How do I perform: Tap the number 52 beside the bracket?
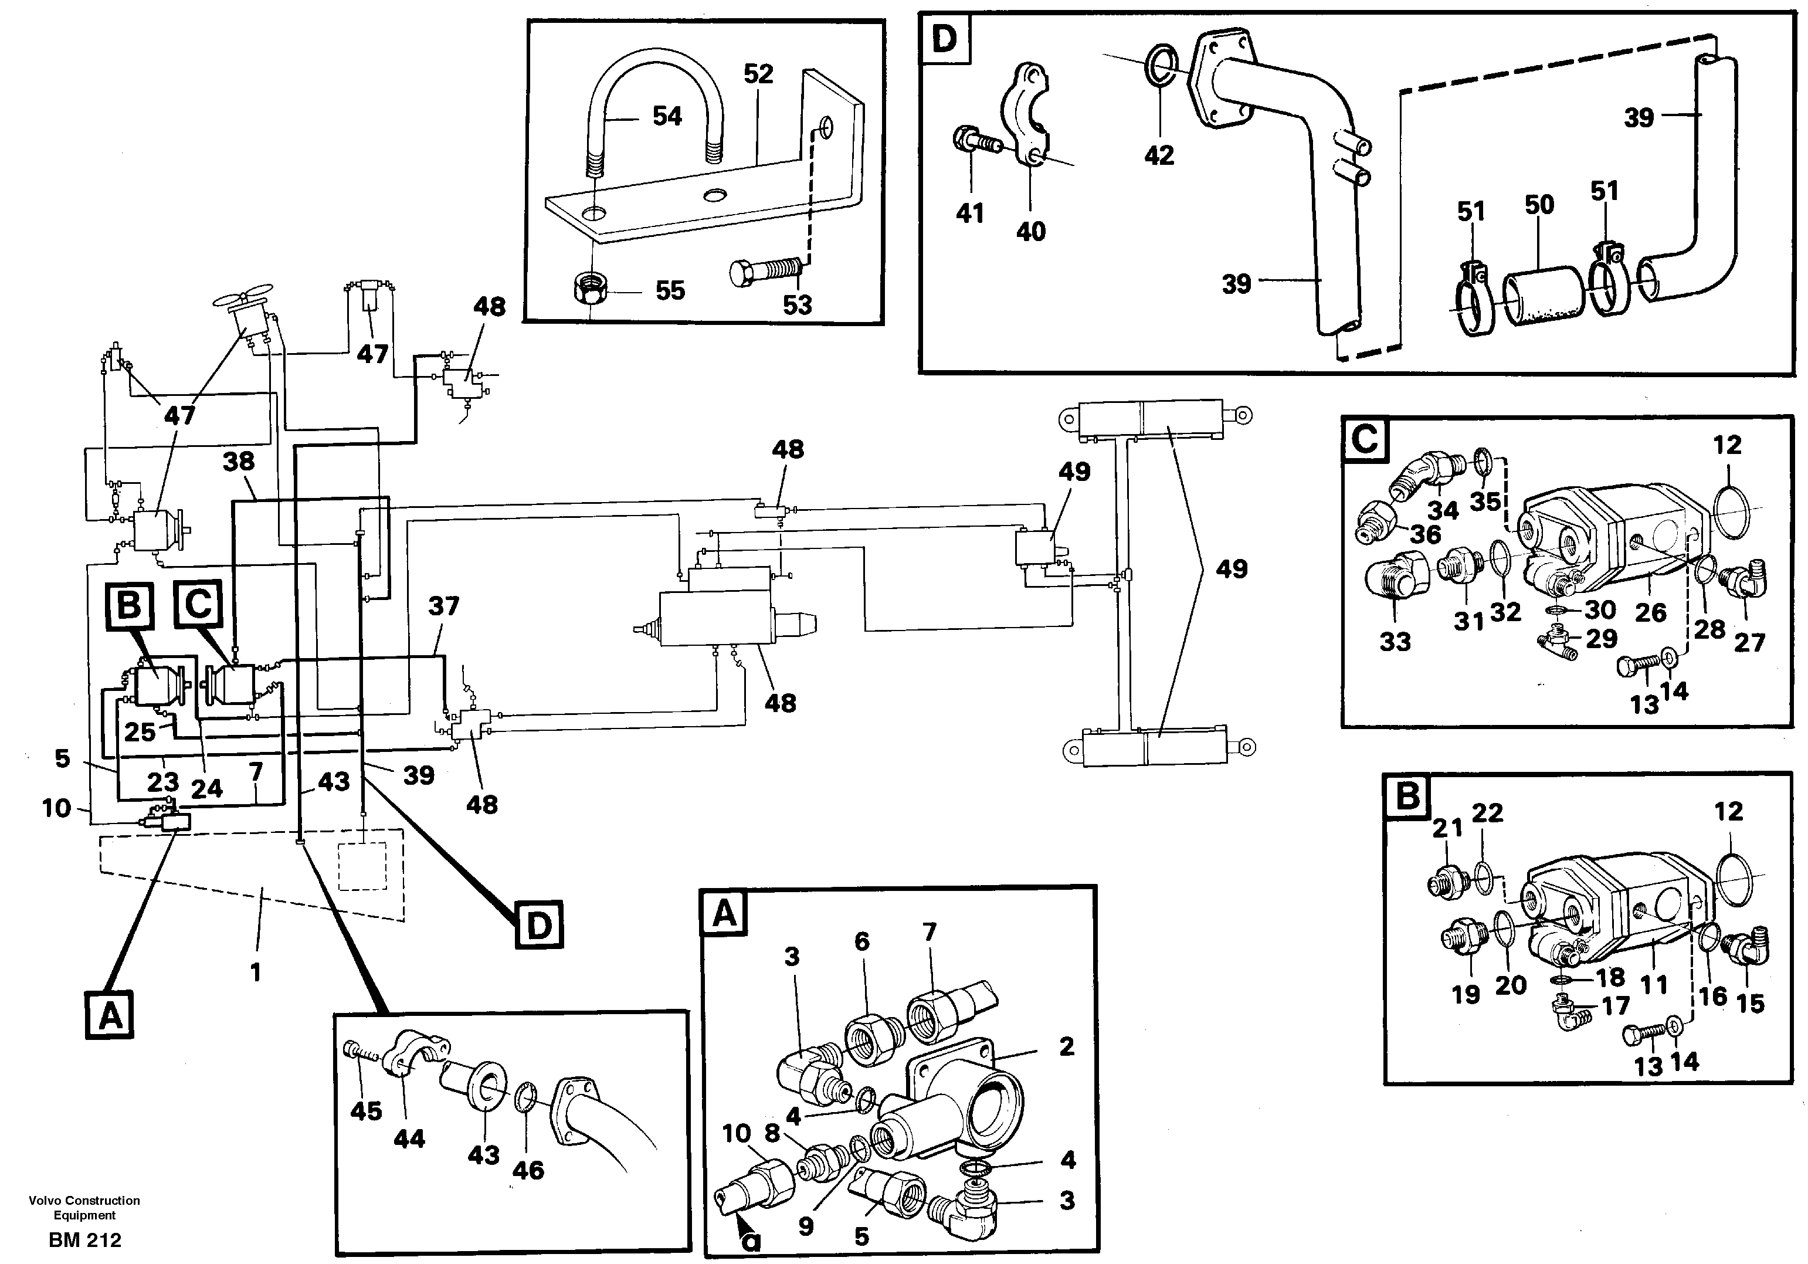[x=758, y=74]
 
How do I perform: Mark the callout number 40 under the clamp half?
[x=1031, y=232]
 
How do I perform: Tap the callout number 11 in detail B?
[x=1654, y=984]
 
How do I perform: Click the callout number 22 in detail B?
[x=1487, y=812]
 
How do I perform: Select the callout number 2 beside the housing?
[x=1066, y=1046]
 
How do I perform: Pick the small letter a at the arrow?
[x=753, y=1241]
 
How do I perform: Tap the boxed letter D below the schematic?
[x=538, y=926]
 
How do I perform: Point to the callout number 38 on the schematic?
[x=239, y=462]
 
